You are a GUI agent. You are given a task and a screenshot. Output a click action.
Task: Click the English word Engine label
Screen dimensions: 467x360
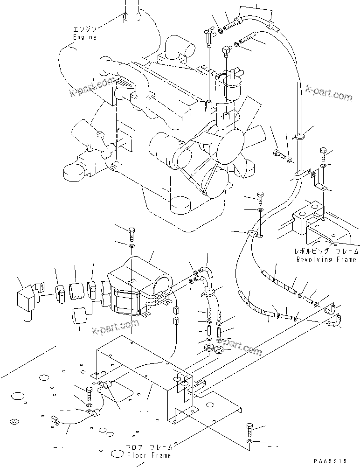tap(84, 37)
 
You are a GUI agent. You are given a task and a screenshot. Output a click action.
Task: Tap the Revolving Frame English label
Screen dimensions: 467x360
tap(326, 259)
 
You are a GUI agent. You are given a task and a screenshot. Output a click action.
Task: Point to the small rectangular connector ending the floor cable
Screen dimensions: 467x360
tap(55, 421)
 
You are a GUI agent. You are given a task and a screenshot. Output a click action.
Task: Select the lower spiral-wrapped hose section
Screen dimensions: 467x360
tap(255, 305)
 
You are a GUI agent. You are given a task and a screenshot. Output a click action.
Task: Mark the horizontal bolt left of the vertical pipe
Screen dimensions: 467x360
tap(277, 154)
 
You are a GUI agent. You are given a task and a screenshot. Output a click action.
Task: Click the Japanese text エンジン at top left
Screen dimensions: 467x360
tap(84, 29)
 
